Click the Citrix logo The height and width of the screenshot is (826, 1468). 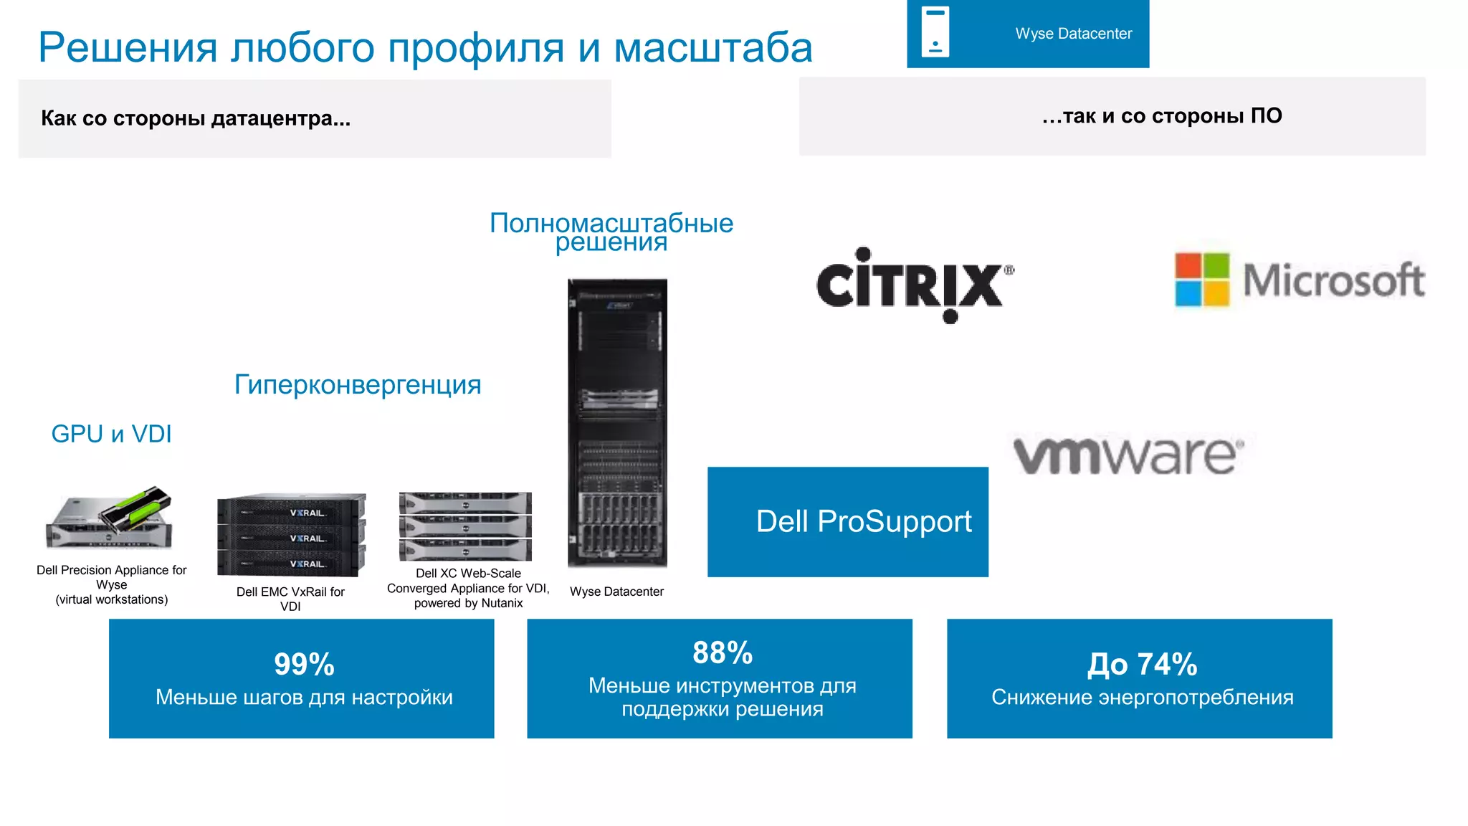[914, 285]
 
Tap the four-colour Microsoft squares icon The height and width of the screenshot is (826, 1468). [1202, 280]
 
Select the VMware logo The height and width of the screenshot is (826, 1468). [1128, 455]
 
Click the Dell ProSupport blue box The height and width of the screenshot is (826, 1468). [847, 521]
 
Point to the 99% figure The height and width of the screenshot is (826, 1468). [304, 664]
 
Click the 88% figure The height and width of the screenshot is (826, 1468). [723, 652]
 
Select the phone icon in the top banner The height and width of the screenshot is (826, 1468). [935, 32]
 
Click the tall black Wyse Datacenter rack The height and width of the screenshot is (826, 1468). [617, 423]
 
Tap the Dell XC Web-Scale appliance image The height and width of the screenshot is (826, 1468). [465, 526]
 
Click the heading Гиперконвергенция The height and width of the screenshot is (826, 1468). [358, 385]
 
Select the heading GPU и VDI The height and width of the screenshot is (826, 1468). [111, 434]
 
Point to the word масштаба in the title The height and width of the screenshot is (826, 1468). [713, 48]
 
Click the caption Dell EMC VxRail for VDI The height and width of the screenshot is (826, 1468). [290, 599]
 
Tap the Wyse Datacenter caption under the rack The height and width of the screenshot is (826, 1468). [616, 592]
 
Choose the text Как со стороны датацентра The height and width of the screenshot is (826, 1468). [195, 118]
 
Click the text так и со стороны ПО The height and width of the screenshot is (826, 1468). [1161, 116]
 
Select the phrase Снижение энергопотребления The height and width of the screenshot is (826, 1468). [1142, 697]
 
